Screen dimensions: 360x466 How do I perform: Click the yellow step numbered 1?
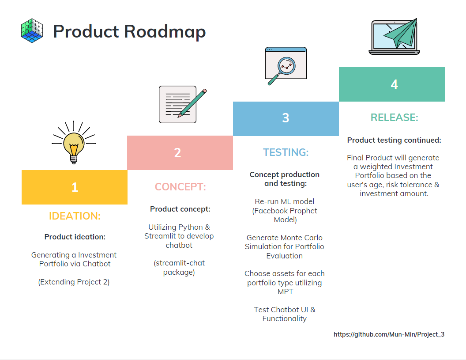[75, 187]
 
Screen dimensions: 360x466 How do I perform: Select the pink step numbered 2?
[180, 153]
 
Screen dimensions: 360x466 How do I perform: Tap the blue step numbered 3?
[286, 118]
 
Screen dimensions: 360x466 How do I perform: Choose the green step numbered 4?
[391, 84]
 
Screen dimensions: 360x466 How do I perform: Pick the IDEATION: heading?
[75, 216]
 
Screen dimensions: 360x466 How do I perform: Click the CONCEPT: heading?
[180, 187]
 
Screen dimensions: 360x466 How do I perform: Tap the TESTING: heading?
[286, 152]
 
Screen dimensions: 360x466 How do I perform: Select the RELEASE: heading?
[394, 117]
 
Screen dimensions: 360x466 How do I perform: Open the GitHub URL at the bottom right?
[389, 334]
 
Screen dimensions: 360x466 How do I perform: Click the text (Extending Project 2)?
[74, 282]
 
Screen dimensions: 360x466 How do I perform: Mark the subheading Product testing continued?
[394, 140]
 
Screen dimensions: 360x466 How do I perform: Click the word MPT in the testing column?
[285, 292]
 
